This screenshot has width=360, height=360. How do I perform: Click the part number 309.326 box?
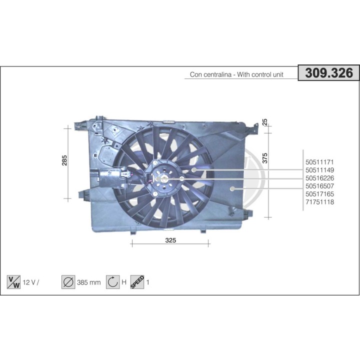329,73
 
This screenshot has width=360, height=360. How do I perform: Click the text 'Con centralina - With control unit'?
236,74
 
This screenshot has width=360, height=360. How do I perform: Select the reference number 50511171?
319,162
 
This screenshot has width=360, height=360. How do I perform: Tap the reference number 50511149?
319,170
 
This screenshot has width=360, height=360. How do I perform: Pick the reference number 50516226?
319,178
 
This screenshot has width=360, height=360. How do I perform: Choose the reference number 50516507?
319,186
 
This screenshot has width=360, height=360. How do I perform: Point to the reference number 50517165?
319,194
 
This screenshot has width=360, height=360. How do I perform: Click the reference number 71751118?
319,202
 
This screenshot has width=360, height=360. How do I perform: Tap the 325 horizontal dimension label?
170,240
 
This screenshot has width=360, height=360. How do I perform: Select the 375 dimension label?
265,158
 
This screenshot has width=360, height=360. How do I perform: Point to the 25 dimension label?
265,121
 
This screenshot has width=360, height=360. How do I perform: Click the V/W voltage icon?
13,282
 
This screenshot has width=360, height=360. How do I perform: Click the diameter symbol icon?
67,282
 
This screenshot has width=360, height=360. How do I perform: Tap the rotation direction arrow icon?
112,282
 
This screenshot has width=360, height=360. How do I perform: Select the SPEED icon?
137,282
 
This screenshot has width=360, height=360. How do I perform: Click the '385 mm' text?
89,282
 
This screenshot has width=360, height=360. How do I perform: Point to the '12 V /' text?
30,282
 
